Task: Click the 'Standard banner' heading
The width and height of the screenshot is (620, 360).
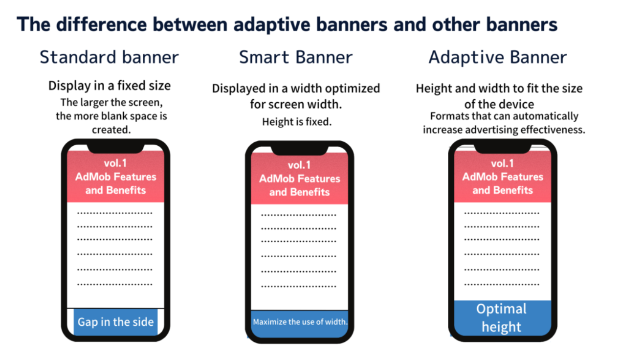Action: click(110, 57)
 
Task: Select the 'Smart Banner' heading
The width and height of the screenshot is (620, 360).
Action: click(296, 57)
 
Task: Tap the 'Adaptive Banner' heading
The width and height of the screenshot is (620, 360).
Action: click(498, 57)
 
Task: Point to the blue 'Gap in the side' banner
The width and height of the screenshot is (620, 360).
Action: click(116, 322)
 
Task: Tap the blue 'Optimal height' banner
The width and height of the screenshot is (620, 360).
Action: click(502, 318)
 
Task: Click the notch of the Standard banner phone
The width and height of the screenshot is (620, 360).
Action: click(116, 149)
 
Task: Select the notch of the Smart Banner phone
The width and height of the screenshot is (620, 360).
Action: click(299, 151)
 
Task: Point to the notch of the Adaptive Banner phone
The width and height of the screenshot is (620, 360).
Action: click(503, 149)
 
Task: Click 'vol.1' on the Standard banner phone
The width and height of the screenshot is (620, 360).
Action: click(115, 163)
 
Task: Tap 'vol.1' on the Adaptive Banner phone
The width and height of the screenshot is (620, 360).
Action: click(502, 163)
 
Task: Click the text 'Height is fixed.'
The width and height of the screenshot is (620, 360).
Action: click(297, 122)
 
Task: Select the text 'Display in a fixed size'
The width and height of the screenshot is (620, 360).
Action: click(110, 86)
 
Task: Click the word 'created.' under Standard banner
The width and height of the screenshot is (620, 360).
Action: click(111, 130)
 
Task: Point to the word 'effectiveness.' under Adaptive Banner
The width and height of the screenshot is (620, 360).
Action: click(553, 130)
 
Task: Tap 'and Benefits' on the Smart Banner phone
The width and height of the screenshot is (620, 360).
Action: click(299, 192)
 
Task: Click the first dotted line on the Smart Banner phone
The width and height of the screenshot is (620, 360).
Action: click(299, 215)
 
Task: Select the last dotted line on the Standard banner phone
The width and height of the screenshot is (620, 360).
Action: click(115, 284)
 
